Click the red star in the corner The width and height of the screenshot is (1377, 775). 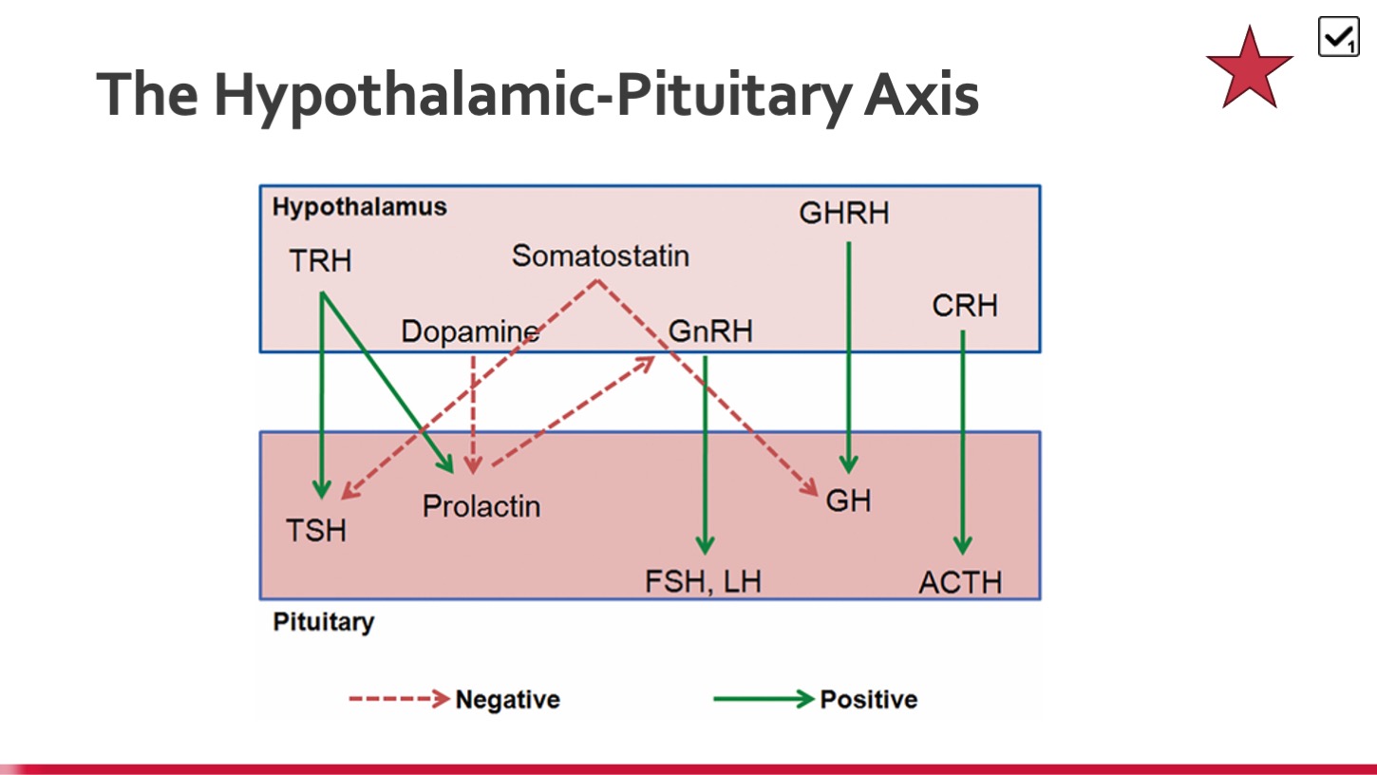[1250, 70]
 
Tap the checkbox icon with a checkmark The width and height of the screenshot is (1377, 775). [1338, 37]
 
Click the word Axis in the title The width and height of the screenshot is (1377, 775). [921, 94]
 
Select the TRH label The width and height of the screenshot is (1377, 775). [320, 260]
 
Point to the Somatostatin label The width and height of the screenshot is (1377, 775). [600, 255]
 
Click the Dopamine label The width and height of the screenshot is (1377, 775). [470, 331]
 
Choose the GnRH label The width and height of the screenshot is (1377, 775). [710, 331]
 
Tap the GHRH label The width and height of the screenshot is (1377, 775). [844, 214]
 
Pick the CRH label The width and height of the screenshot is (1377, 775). [965, 306]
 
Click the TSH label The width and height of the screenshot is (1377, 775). [316, 530]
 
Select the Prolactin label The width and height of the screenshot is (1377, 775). [481, 506]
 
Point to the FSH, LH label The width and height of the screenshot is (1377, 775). [704, 581]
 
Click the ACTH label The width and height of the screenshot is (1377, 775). [960, 582]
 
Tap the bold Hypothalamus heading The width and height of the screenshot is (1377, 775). [360, 207]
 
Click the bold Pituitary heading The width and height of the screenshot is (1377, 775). [323, 622]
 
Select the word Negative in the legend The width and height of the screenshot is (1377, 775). [508, 699]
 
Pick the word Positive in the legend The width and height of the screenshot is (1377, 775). [869, 699]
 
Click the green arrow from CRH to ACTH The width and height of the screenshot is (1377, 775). [963, 443]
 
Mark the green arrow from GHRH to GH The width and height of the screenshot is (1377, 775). [849, 358]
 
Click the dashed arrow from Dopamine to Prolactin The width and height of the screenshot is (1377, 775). [473, 415]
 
